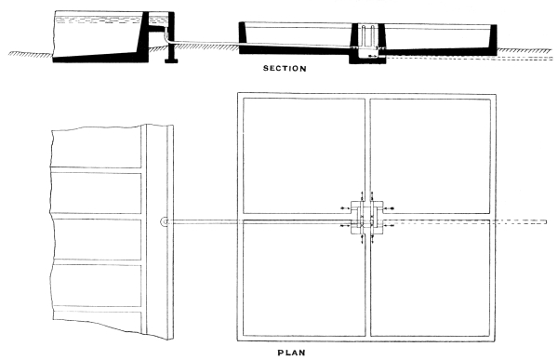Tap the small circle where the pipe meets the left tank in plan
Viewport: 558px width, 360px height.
(x=165, y=222)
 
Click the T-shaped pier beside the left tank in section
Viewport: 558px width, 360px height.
(x=169, y=47)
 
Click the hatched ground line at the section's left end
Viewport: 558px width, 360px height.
(x=23, y=55)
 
